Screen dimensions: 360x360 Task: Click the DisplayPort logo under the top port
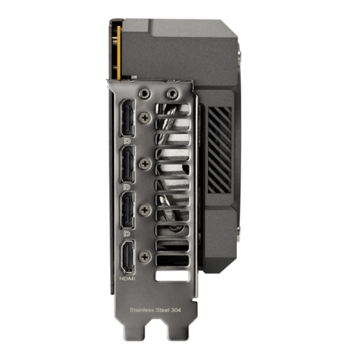(127, 143)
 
